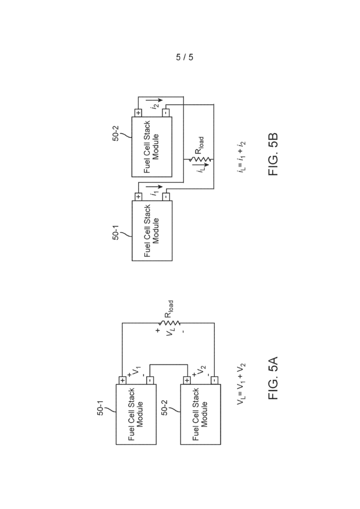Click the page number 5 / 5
click(x=184, y=57)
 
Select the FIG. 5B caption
click(x=273, y=154)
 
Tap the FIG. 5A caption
click(x=273, y=378)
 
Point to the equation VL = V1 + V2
click(x=241, y=384)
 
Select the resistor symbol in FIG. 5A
click(x=169, y=323)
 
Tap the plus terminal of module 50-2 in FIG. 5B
click(x=138, y=113)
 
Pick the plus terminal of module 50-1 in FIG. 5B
click(x=138, y=196)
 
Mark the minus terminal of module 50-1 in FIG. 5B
click(x=166, y=196)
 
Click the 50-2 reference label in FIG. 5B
click(x=116, y=132)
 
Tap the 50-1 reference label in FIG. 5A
click(x=100, y=406)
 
